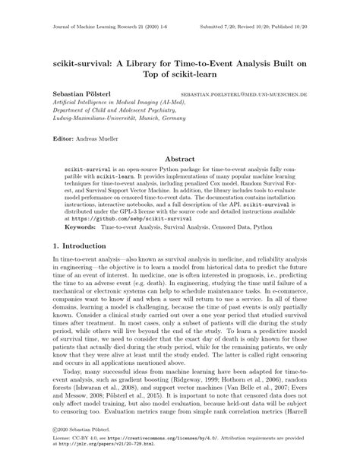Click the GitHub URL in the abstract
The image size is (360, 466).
click(122, 217)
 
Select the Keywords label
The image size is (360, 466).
click(81, 227)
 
